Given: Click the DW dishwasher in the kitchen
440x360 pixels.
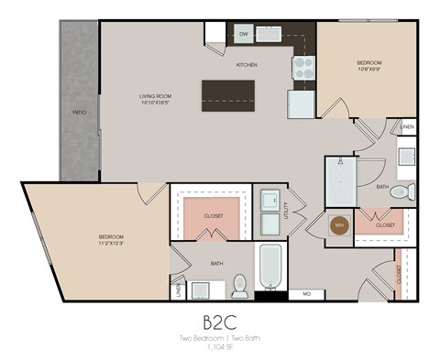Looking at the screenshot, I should coord(244,34).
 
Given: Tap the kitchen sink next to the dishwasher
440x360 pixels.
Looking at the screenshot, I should coord(269,34).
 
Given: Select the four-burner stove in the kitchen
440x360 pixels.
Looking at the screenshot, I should coord(303,67).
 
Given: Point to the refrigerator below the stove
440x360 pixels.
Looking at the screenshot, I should coord(302,104).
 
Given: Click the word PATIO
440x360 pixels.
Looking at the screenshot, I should coord(80,113).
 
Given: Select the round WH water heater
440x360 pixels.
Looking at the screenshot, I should coord(338,224).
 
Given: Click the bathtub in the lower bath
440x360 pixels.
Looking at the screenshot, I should coord(271,266).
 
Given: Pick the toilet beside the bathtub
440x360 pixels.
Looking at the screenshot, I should coord(241,286).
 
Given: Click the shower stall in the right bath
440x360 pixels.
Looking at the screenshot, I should coord(339,182).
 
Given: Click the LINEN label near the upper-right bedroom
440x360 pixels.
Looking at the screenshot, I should coord(407,126).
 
